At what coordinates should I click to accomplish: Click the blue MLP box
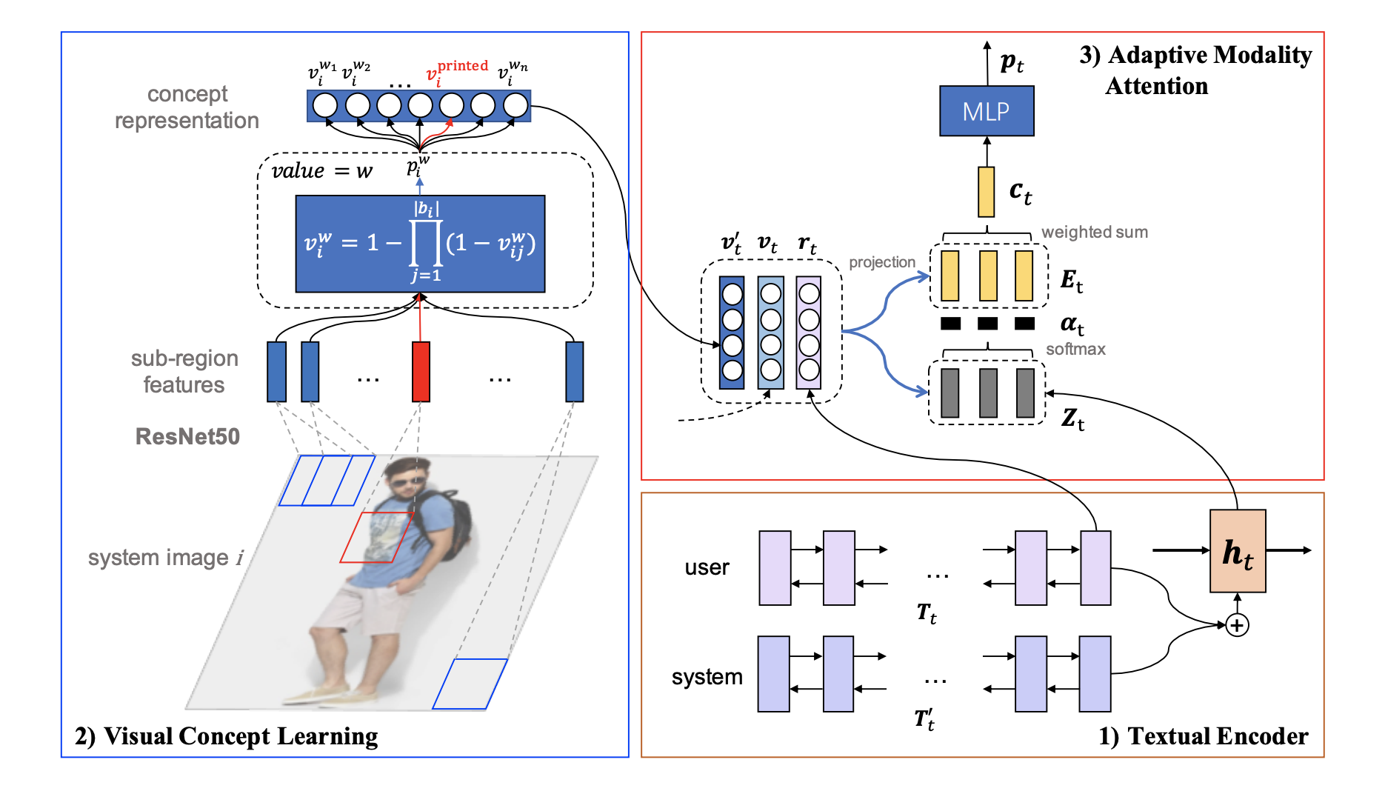point(986,111)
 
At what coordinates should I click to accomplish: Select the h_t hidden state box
point(1237,551)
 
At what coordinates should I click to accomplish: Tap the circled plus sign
point(1237,625)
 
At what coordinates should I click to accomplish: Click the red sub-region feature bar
point(421,372)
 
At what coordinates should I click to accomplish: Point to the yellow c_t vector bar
point(986,192)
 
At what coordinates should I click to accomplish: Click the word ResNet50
point(187,436)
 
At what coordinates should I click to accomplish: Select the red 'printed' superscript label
point(462,66)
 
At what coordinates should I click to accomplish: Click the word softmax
point(1075,350)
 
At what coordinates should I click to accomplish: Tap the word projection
point(881,262)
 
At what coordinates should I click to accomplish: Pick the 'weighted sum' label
point(1094,233)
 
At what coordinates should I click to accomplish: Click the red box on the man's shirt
point(376,537)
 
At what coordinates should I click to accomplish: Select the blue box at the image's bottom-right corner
point(470,684)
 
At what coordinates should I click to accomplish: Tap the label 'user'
point(707,568)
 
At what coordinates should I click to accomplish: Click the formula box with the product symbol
point(420,244)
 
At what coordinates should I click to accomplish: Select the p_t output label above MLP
point(1011,62)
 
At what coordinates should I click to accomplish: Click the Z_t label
point(1072,419)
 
